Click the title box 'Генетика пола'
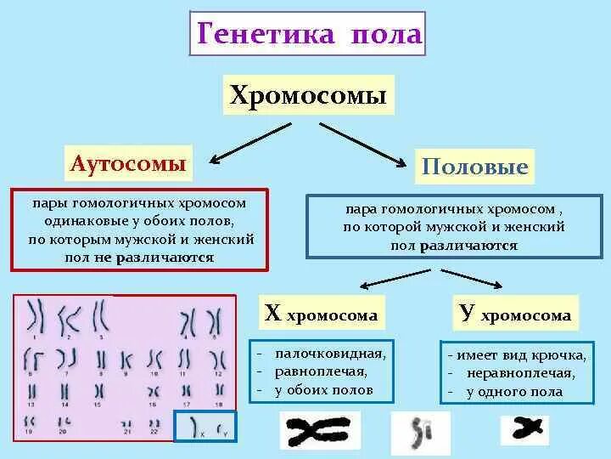click(309, 34)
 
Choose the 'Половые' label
click(475, 166)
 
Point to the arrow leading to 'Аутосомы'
click(250, 141)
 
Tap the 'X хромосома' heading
click(321, 314)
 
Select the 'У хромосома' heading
click(515, 314)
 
